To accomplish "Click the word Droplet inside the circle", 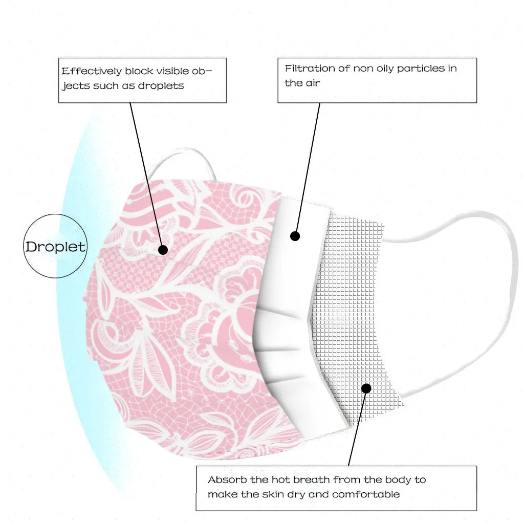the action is click(x=55, y=247).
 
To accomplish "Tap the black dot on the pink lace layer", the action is click(x=163, y=250).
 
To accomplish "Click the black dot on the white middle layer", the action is click(x=295, y=236).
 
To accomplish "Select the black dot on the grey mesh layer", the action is click(x=366, y=388).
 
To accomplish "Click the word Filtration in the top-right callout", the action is click(x=310, y=69).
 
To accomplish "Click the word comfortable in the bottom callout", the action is click(x=366, y=494).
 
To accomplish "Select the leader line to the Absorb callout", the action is click(x=357, y=427).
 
